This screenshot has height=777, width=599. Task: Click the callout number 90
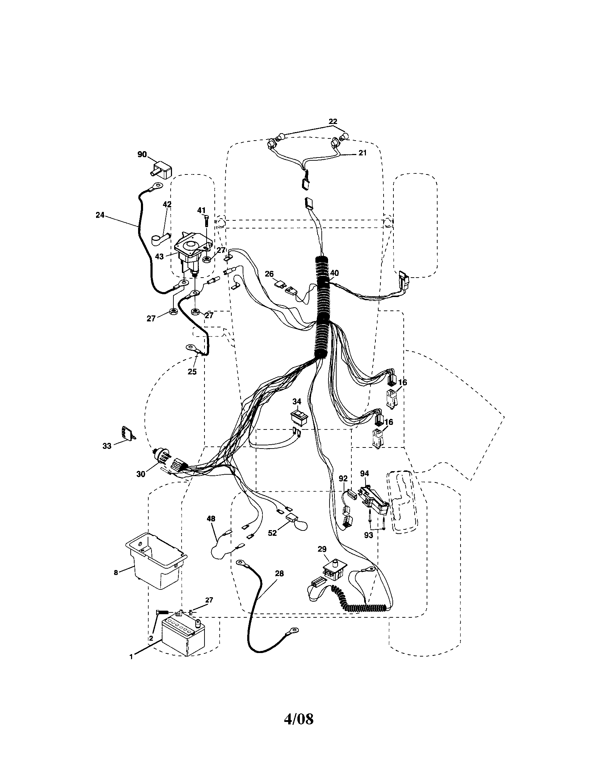tap(142, 154)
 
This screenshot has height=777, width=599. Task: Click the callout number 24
tap(100, 215)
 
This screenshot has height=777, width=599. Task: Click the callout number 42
tap(167, 204)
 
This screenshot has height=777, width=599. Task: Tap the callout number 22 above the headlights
tap(333, 121)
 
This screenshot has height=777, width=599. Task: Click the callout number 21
tap(362, 153)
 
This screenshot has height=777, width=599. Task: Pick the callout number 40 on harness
tap(334, 273)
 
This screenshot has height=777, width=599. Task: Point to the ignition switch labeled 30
tap(162, 458)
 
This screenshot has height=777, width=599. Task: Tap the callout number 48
tap(211, 519)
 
